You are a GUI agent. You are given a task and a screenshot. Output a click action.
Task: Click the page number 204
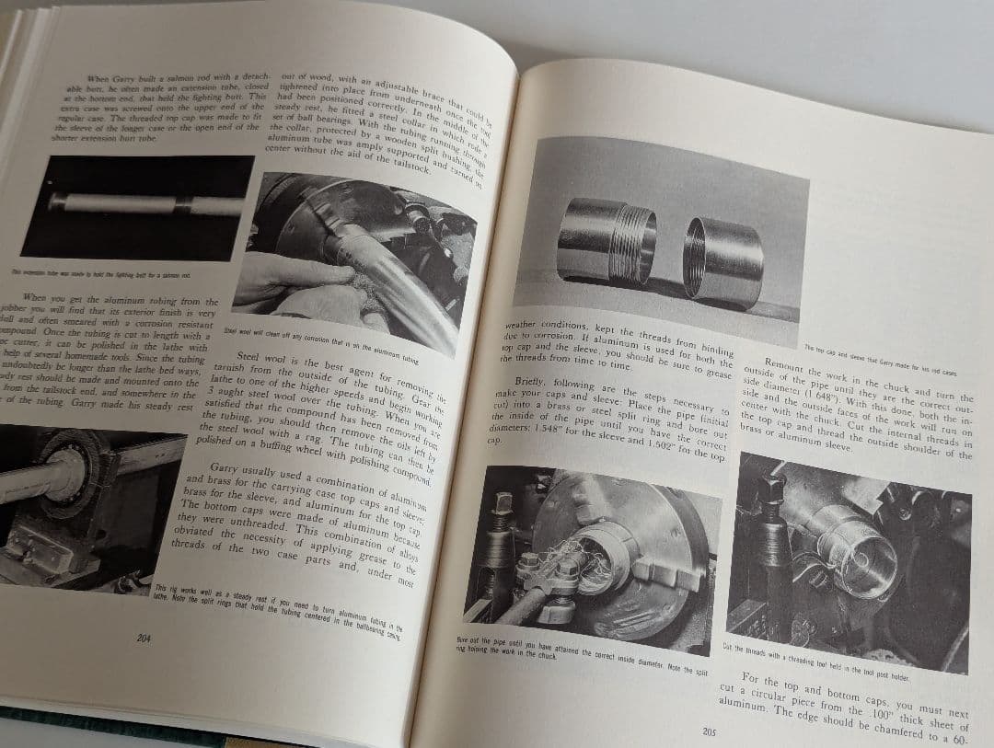(x=144, y=638)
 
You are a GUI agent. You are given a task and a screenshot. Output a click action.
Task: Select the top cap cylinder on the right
(x=723, y=260)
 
